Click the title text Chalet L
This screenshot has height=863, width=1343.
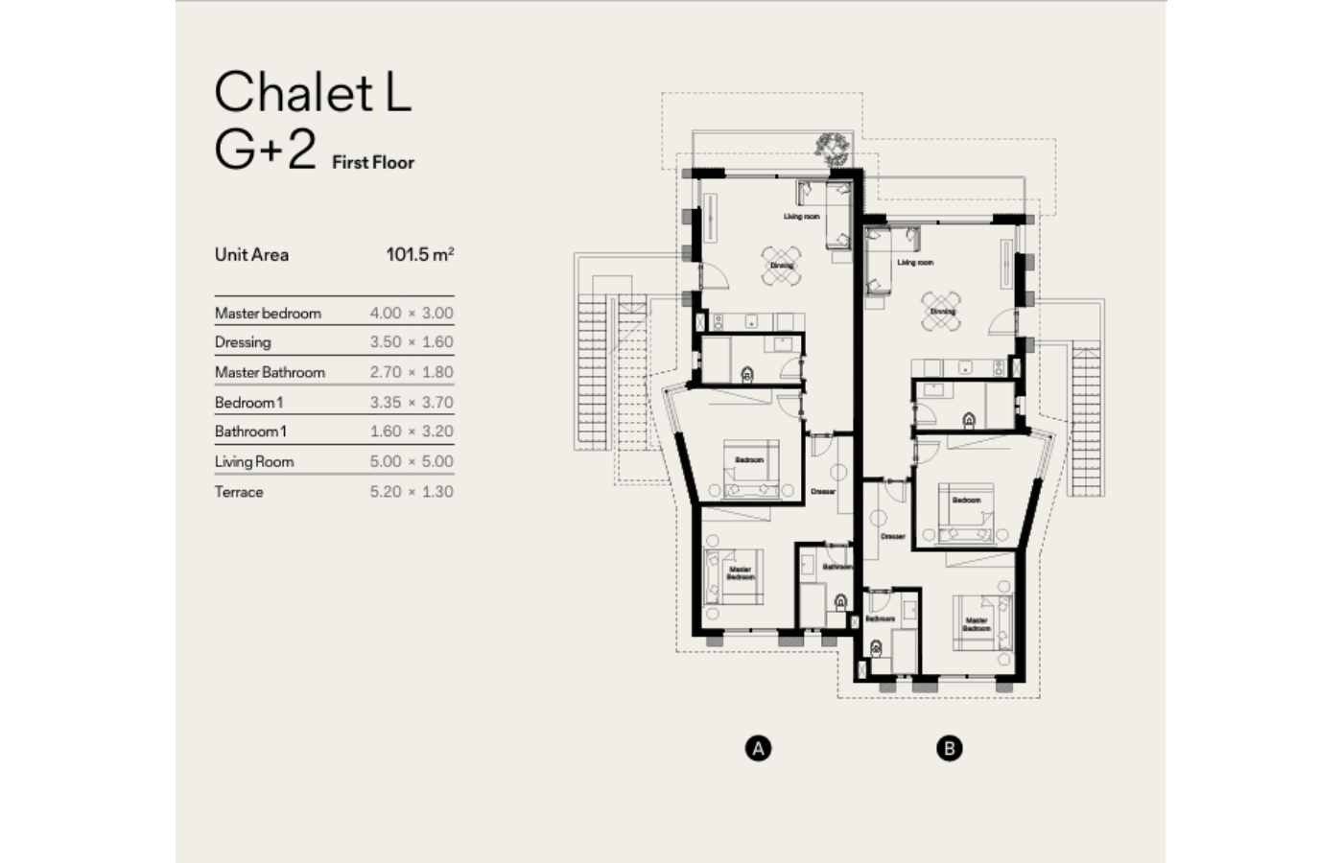pyautogui.click(x=313, y=92)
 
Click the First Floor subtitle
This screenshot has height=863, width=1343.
pyautogui.click(x=373, y=163)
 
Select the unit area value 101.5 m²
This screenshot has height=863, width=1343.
pyautogui.click(x=419, y=254)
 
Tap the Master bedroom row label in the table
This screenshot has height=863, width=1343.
pyautogui.click(x=268, y=314)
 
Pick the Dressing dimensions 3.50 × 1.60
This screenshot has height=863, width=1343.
pyautogui.click(x=412, y=342)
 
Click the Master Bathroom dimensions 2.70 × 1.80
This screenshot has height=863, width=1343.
pyautogui.click(x=412, y=372)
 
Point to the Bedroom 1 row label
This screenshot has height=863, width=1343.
pyautogui.click(x=248, y=403)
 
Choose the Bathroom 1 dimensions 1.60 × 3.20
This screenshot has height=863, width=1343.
pyautogui.click(x=412, y=431)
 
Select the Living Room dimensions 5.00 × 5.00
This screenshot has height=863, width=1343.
pyautogui.click(x=412, y=461)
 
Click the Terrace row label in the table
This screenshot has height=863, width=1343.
pyautogui.click(x=239, y=492)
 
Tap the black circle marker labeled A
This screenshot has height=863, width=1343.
pyautogui.click(x=758, y=748)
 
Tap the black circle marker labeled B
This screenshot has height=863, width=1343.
pyautogui.click(x=949, y=748)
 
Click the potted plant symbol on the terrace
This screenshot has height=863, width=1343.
pyautogui.click(x=831, y=146)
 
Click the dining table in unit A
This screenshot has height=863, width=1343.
pyautogui.click(x=781, y=266)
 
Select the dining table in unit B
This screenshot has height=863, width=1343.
pyautogui.click(x=942, y=312)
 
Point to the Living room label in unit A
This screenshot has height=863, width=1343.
pyautogui.click(x=801, y=217)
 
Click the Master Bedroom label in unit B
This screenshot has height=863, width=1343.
pyautogui.click(x=976, y=624)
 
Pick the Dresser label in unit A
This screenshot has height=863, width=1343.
pyautogui.click(x=822, y=492)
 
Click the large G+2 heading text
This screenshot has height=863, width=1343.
pyautogui.click(x=265, y=150)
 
